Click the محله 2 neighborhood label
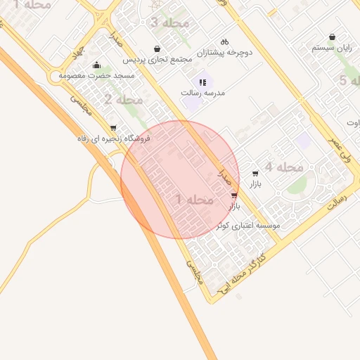point(118,100)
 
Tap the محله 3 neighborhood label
point(169,23)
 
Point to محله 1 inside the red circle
point(194,200)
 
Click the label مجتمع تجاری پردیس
point(157,60)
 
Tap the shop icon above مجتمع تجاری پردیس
point(156,49)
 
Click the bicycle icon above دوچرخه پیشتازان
point(224,42)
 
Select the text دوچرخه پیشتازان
point(224,53)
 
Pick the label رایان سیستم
point(332,49)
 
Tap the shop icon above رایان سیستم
point(332,37)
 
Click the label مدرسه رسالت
point(201,92)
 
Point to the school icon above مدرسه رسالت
point(202,82)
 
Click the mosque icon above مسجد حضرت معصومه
point(96,65)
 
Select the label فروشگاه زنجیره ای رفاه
point(115,139)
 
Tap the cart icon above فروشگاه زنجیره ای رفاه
point(113,128)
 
